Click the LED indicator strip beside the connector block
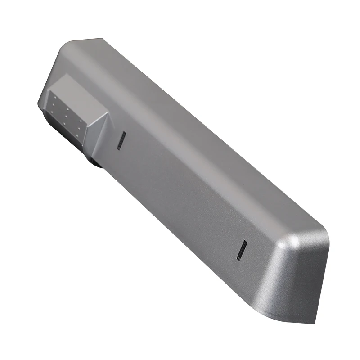click(x=121, y=141)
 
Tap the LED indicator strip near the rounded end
click(x=242, y=250)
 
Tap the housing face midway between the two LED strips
click(x=180, y=193)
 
